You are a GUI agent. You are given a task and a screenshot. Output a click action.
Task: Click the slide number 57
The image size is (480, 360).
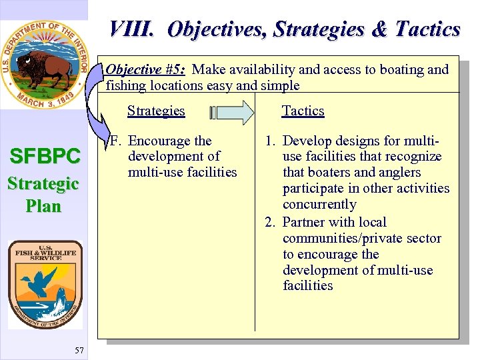79,350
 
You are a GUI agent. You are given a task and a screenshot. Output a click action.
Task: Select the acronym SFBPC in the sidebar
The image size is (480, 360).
44,157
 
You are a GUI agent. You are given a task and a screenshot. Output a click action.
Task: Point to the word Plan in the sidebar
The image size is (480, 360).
43,206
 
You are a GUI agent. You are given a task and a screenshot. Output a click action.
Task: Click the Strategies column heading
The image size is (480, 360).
156,111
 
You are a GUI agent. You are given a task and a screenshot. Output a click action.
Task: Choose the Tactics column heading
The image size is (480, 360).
303,111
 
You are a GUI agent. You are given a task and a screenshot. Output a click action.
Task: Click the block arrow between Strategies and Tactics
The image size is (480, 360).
231,112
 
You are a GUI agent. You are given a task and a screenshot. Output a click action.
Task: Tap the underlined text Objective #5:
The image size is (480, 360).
145,70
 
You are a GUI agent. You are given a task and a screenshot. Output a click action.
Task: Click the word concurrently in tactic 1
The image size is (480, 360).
319,204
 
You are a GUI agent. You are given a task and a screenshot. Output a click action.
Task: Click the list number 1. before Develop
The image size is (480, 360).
271,141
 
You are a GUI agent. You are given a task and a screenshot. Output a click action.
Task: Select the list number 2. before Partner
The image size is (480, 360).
271,222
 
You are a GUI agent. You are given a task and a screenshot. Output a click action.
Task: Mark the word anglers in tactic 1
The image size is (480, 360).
397,172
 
